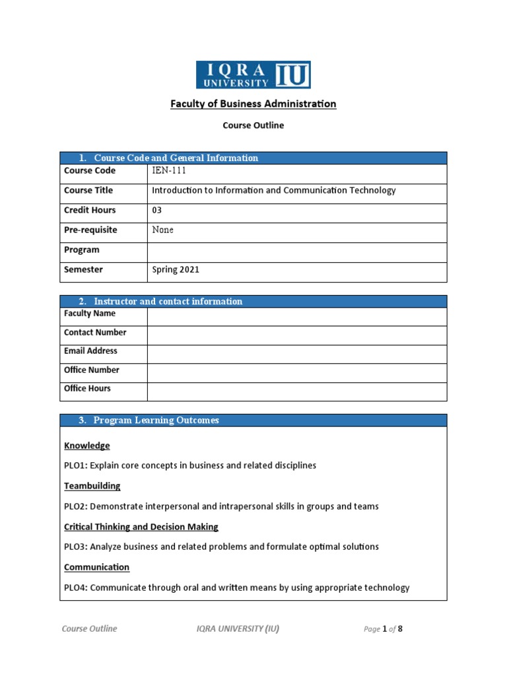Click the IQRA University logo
[253, 75]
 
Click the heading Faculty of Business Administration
[253, 104]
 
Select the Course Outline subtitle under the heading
[253, 125]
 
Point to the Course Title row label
[88, 191]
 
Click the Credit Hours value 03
[157, 211]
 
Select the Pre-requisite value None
[163, 230]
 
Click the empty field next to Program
[297, 250]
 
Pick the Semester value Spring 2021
[176, 270]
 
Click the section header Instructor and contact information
[168, 302]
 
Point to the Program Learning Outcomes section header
[156, 421]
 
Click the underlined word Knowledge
[86, 446]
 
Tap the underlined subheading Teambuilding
[92, 486]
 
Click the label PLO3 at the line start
[75, 547]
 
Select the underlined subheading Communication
[96, 567]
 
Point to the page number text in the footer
[382, 629]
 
